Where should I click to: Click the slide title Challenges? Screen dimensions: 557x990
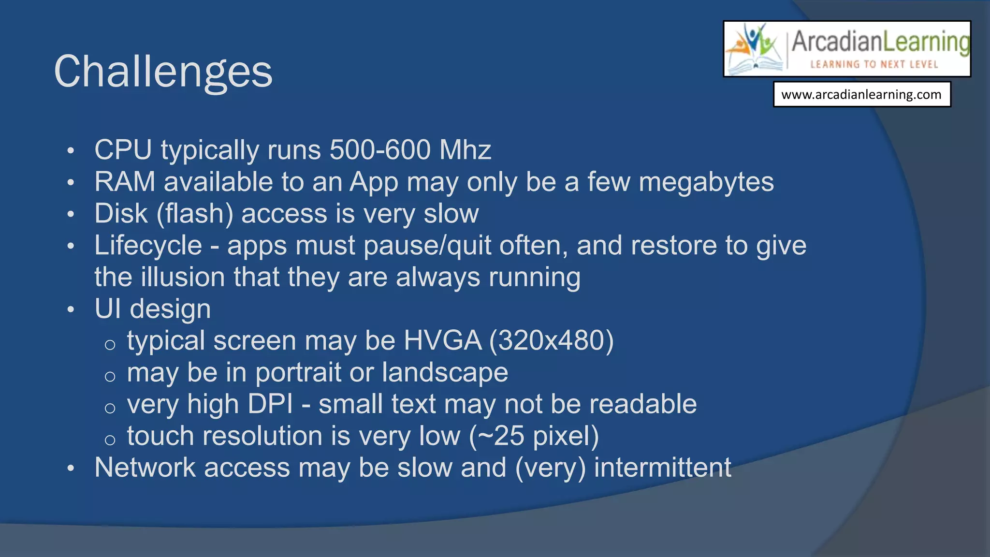(x=163, y=72)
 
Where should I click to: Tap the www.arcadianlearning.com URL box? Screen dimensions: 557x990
(x=861, y=94)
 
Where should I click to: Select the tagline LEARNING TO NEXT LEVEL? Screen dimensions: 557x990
(x=874, y=64)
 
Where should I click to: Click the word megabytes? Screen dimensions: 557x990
(x=706, y=183)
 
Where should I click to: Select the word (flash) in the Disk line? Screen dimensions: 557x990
(x=195, y=214)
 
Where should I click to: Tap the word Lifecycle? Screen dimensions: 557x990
(x=148, y=246)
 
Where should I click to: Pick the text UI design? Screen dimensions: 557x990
(x=153, y=309)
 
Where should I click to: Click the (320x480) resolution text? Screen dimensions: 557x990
(x=551, y=341)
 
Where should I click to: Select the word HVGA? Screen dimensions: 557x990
(x=442, y=341)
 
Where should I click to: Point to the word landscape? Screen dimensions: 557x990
(x=445, y=373)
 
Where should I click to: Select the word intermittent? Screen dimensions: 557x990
(x=662, y=468)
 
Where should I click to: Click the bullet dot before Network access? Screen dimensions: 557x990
(x=71, y=469)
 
